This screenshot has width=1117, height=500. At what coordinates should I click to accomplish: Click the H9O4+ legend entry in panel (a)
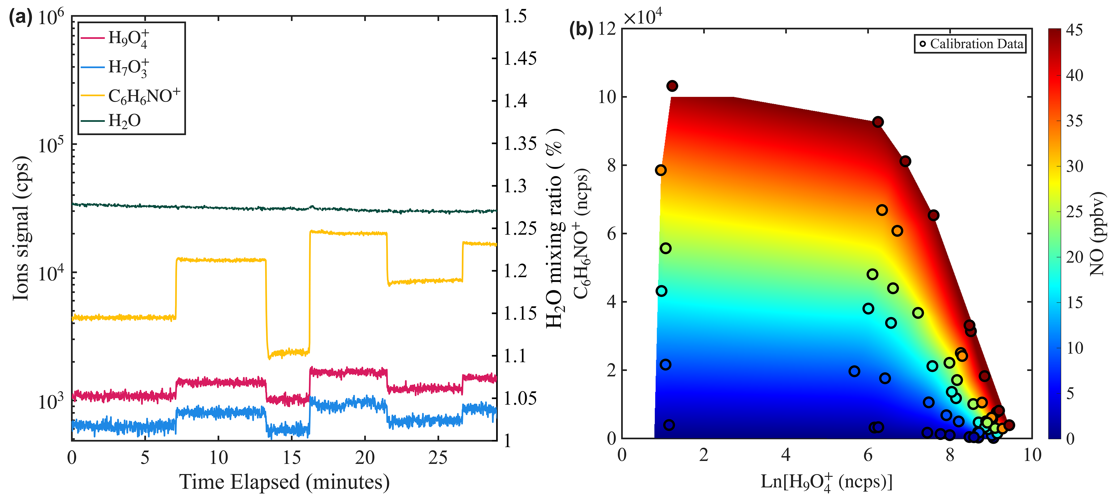128,39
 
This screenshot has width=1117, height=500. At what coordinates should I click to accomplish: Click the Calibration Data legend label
976,44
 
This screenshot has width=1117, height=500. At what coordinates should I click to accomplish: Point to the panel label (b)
581,29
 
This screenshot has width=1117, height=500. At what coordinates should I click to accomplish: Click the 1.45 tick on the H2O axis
520,58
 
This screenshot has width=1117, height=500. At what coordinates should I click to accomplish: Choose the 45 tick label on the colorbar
1074,30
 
